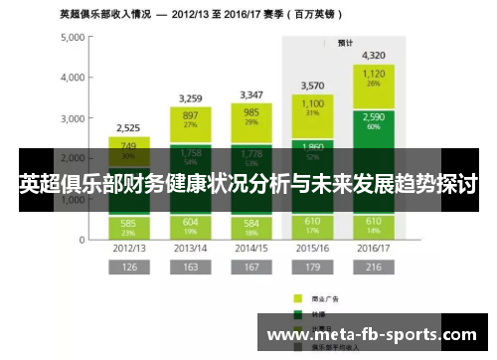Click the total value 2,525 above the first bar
[x=128, y=128]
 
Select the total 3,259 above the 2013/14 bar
[x=190, y=98]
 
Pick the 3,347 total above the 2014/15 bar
[x=250, y=95]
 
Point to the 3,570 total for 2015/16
[x=312, y=86]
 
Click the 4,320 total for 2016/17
[x=374, y=55]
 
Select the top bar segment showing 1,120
[x=374, y=78]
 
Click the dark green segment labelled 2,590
[x=374, y=121]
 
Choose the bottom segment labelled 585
[x=128, y=227]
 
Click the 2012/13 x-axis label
[x=128, y=249]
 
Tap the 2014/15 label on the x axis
[x=250, y=249]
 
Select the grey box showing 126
[x=128, y=267]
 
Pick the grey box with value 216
[x=374, y=267]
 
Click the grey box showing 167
[x=250, y=267]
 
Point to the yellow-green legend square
[x=296, y=297]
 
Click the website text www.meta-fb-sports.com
[x=372, y=334]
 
